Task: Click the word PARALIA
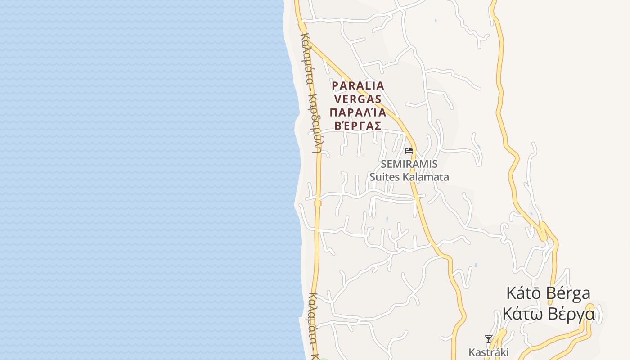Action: coord(358,85)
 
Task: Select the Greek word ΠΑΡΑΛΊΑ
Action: coord(358,112)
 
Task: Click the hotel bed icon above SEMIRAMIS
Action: coord(409,151)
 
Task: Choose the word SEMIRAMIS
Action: coord(409,164)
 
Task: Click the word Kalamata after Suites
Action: coord(426,177)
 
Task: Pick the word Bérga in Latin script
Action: coord(569,293)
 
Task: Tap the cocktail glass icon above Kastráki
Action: coord(488,339)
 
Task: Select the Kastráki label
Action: coord(488,352)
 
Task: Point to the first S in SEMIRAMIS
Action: coord(384,164)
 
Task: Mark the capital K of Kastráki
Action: coord(472,352)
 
